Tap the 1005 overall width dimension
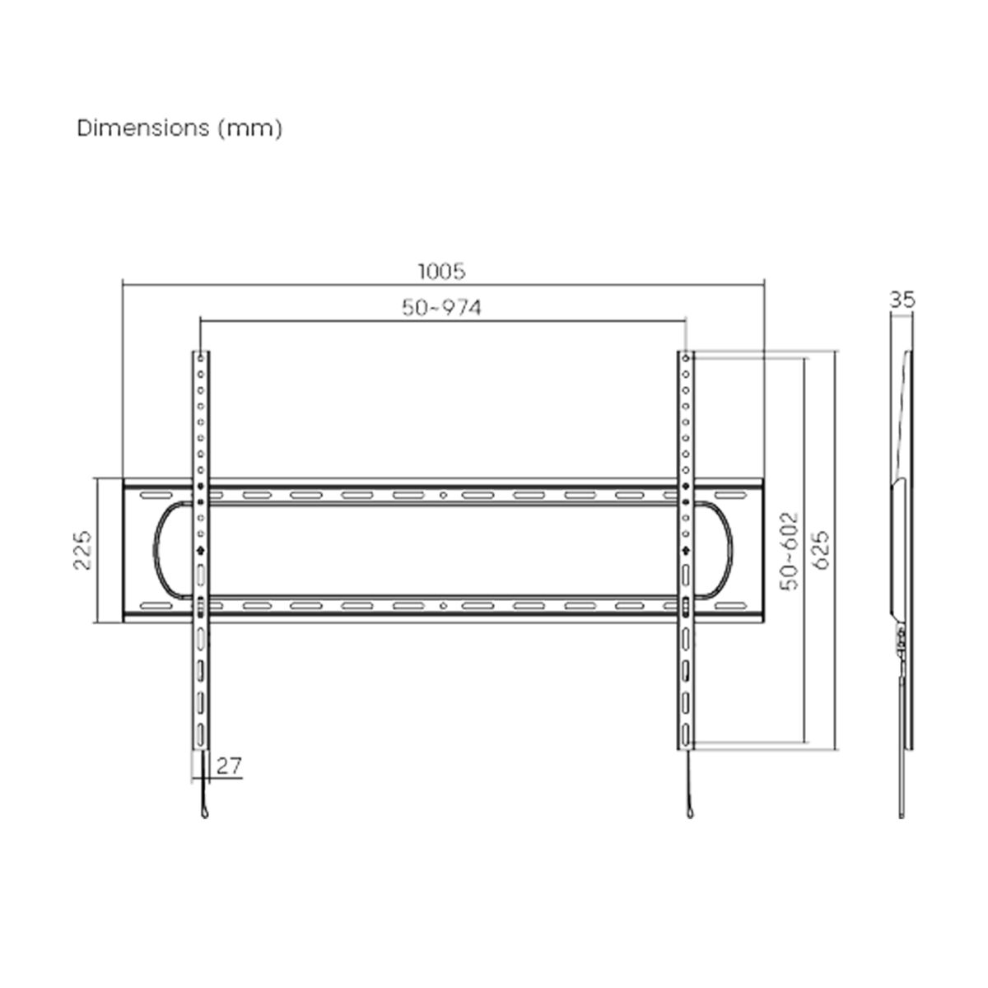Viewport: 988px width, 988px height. [442, 270]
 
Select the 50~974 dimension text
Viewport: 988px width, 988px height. [442, 308]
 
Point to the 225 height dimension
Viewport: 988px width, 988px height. [82, 550]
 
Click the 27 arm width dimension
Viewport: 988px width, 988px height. [229, 767]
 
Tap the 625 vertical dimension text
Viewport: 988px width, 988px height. [820, 550]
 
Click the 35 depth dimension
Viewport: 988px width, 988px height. [903, 300]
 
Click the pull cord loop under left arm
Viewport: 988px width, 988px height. [202, 813]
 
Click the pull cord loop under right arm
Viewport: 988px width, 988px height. [686, 813]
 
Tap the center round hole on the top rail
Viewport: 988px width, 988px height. [443, 496]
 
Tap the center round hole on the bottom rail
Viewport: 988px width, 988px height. [443, 607]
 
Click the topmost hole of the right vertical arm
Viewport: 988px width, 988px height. [686, 358]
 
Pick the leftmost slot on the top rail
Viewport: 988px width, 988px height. [151, 496]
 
